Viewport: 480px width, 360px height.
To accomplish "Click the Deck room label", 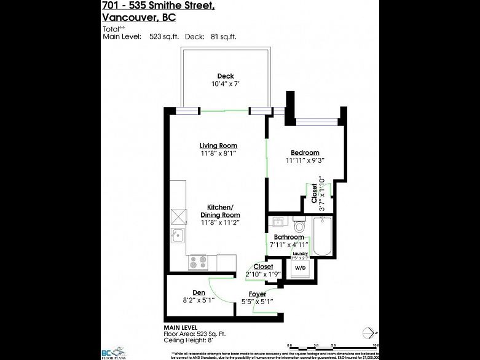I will pyautogui.click(x=225, y=76).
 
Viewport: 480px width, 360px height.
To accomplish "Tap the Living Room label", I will pyautogui.click(x=218, y=146).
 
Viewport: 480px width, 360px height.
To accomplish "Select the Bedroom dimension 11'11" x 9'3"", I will pyautogui.click(x=304, y=160).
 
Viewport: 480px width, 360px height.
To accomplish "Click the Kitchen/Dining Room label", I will pyautogui.click(x=219, y=211).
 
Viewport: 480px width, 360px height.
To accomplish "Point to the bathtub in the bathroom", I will pyautogui.click(x=321, y=237).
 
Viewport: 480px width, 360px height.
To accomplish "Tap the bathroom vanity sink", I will pyautogui.click(x=277, y=222).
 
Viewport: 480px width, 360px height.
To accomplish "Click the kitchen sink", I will pyautogui.click(x=177, y=235).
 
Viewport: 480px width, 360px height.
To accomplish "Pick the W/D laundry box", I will pyautogui.click(x=300, y=268).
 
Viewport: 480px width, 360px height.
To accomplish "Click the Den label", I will pyautogui.click(x=198, y=292).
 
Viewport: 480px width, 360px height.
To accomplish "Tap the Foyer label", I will pyautogui.click(x=257, y=294).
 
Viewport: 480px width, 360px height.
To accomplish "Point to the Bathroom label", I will pyautogui.click(x=289, y=237).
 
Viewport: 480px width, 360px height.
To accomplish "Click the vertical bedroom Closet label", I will pyautogui.click(x=315, y=194).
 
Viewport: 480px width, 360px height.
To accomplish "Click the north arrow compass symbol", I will pyautogui.click(x=369, y=333).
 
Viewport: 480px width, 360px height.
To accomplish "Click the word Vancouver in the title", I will pyautogui.click(x=128, y=17).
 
